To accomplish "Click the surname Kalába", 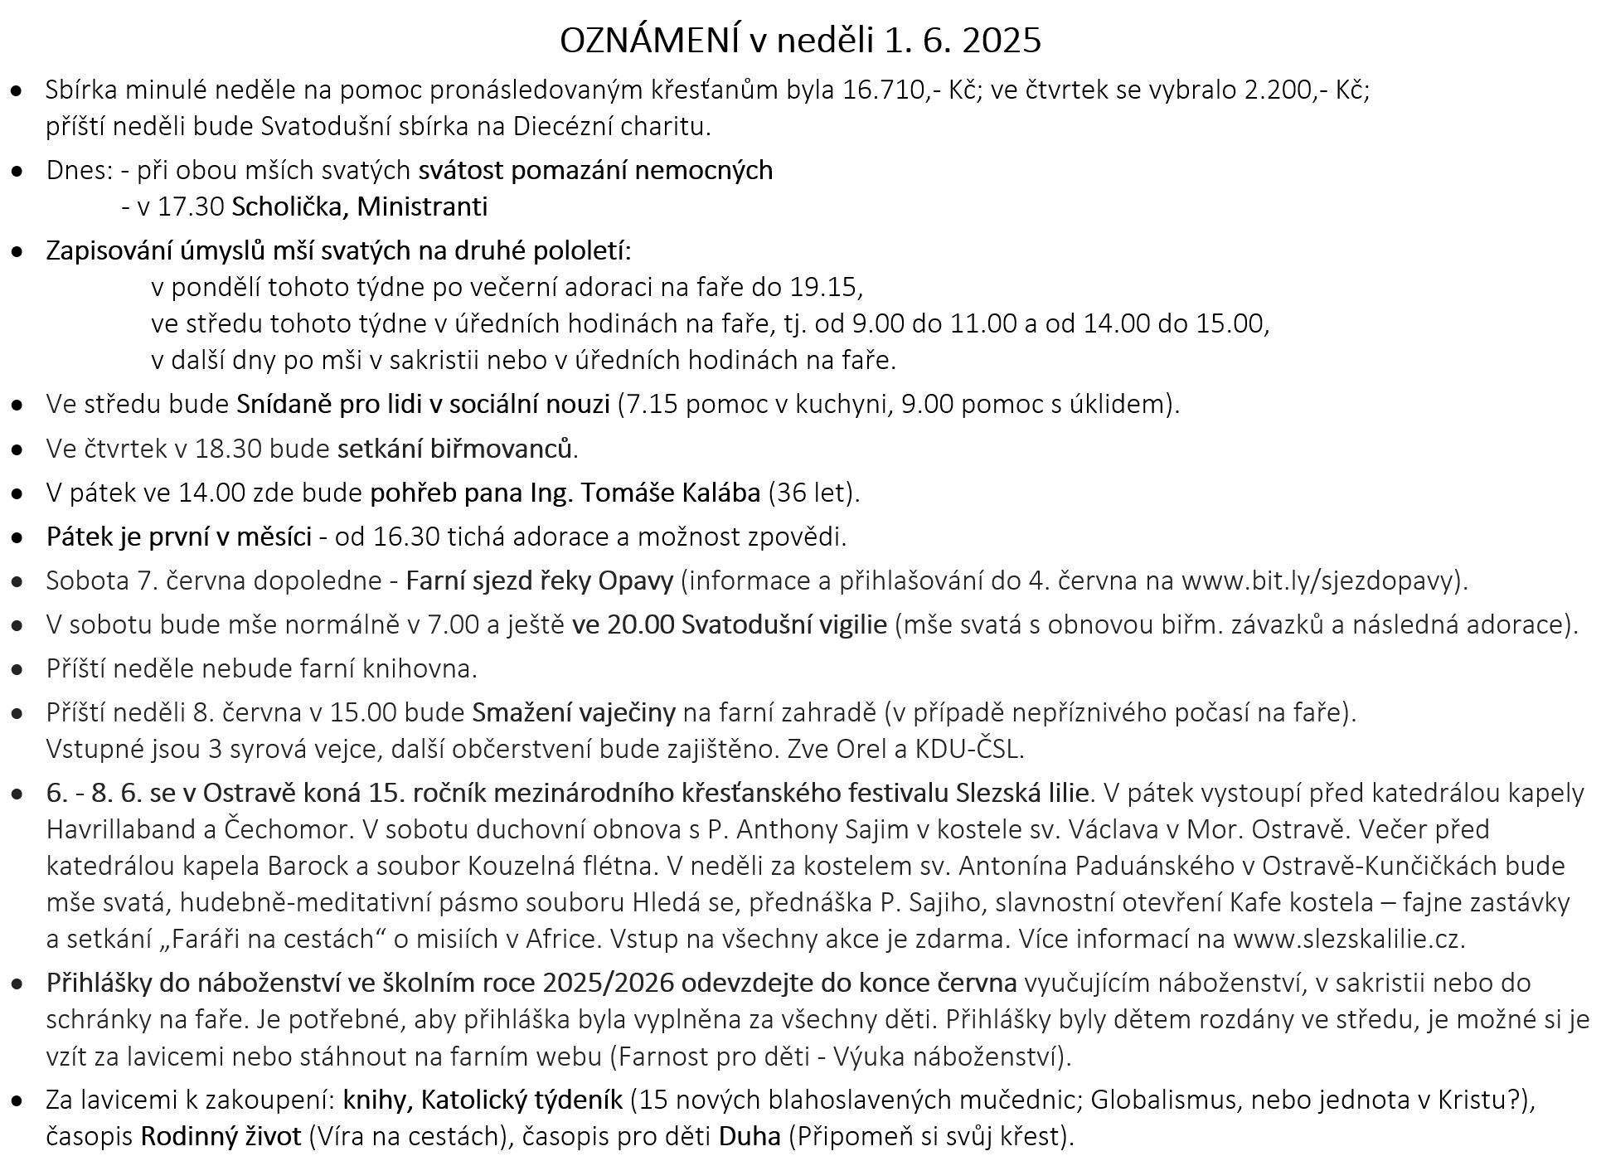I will pyautogui.click(x=720, y=493).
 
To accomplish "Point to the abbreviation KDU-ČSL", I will pyautogui.click(x=969, y=749).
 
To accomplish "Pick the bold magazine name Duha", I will pyautogui.click(x=750, y=1135).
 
